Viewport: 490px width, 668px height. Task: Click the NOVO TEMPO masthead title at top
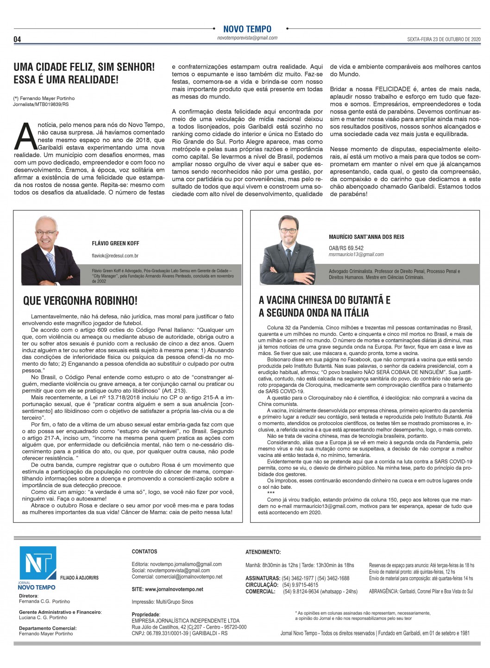click(x=247, y=29)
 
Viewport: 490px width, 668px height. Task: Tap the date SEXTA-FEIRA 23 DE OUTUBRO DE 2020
click(x=438, y=39)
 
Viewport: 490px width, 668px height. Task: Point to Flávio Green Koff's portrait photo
click(x=51, y=247)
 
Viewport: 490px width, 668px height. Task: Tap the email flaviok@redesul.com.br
click(x=115, y=256)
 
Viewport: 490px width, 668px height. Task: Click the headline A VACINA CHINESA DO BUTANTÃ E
click(x=324, y=300)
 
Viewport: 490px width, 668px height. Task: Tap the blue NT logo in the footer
click(x=38, y=564)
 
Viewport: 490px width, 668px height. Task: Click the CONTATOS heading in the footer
click(x=144, y=551)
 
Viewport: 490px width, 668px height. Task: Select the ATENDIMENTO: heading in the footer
click(x=263, y=552)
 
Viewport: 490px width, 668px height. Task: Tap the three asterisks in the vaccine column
click(x=271, y=493)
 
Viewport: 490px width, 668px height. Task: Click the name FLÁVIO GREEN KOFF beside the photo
click(x=115, y=243)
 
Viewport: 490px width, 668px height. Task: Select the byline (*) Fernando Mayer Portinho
click(x=44, y=98)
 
